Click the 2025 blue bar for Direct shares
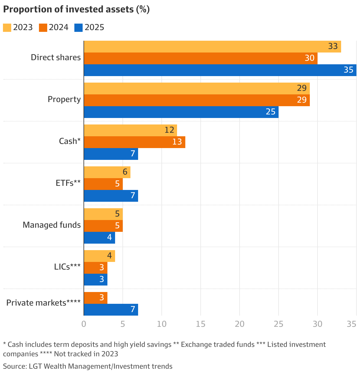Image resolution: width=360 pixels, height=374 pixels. tap(220, 70)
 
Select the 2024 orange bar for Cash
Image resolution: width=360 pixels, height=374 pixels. tap(135, 142)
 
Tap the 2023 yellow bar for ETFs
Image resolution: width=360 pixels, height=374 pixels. tap(107, 172)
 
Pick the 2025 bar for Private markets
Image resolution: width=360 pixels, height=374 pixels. tap(111, 310)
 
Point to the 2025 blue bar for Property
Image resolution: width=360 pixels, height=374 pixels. tap(181, 112)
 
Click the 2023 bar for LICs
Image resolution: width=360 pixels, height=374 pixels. tap(99, 256)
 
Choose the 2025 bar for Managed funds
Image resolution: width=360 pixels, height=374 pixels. tap(99, 238)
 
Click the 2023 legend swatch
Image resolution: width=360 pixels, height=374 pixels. tap(7, 27)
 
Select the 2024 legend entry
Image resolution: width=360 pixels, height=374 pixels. tap(53, 27)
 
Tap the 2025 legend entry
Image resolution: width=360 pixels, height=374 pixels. tap(89, 27)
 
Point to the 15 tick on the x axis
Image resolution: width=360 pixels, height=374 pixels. tap(201, 324)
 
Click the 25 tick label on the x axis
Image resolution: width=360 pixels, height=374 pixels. tap(279, 324)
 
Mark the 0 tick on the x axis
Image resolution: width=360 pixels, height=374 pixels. tap(84, 324)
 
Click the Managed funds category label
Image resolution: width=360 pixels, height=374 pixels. tap(52, 225)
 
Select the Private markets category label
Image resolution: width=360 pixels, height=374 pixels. tap(43, 303)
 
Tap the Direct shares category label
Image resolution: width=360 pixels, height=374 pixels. tap(56, 57)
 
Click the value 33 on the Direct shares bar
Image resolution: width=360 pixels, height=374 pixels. tap(333, 46)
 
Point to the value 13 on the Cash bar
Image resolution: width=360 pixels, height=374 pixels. tap(177, 142)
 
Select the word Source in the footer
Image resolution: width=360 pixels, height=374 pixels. tap(14, 366)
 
